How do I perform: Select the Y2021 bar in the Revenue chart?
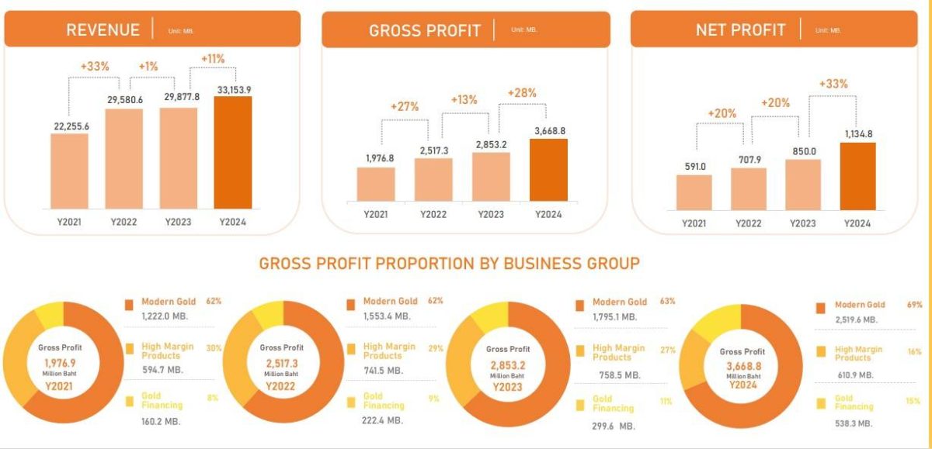69,171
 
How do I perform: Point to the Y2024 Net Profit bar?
857,176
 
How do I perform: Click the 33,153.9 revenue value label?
233,89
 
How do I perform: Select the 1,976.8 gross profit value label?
375,158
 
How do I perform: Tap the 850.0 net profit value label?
802,152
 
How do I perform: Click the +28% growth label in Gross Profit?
523,93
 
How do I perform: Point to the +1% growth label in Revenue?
148,67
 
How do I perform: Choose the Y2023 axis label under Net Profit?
802,223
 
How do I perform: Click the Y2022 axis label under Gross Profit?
433,214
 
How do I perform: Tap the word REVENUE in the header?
103,30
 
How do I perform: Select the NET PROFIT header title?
740,30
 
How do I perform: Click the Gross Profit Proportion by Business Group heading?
449,264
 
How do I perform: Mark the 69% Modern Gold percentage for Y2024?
914,305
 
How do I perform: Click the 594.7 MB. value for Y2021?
162,370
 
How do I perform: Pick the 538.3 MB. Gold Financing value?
854,423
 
